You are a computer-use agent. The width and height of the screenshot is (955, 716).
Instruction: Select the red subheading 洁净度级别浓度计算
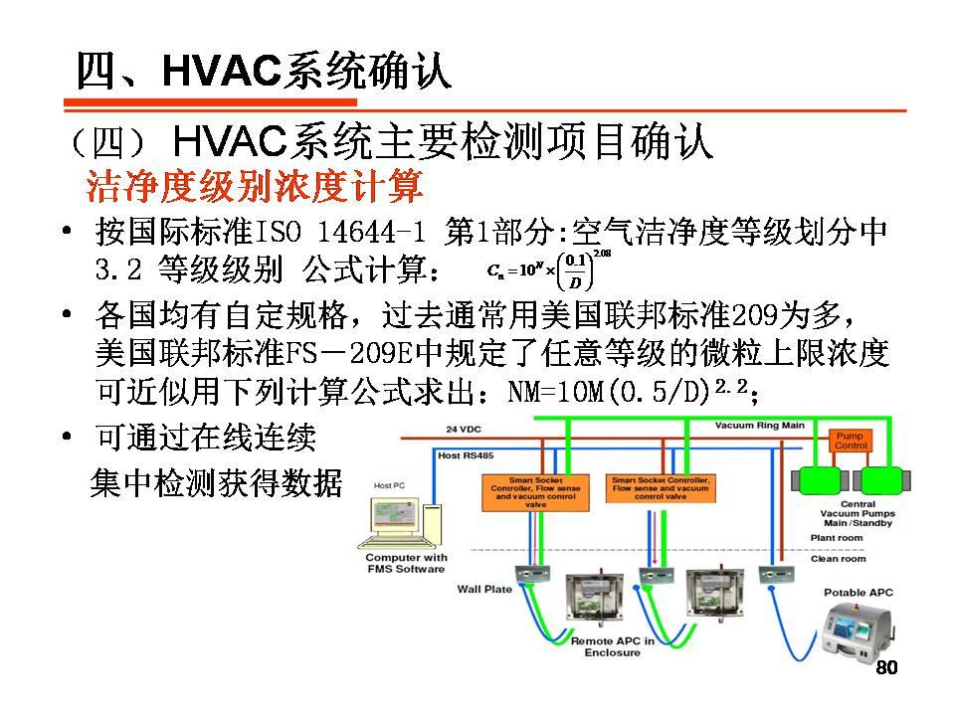point(255,186)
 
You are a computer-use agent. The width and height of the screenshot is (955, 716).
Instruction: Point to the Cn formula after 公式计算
point(547,268)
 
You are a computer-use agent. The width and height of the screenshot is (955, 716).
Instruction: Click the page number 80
point(884,667)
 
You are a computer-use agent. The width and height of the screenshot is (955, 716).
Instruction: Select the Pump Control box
point(852,442)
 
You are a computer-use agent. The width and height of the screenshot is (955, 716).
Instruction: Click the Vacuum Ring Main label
point(760,426)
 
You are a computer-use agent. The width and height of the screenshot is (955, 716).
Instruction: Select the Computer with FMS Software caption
point(405,564)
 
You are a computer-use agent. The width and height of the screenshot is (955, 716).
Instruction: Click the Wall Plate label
point(484,590)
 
